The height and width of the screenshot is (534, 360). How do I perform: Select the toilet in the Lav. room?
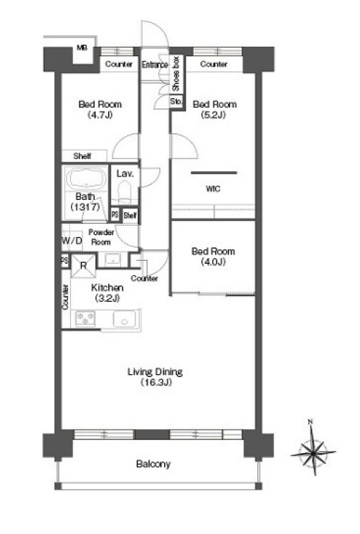point(124,191)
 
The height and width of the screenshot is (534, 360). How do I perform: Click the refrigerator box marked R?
point(84,265)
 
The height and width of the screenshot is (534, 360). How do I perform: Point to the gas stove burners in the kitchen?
point(85,318)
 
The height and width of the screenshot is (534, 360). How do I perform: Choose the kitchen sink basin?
point(124,320)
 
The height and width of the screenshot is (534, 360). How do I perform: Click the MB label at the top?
point(82,48)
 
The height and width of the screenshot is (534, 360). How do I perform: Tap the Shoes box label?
point(176,74)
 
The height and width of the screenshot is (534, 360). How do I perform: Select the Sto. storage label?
point(176,101)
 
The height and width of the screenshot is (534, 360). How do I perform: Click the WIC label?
point(213,189)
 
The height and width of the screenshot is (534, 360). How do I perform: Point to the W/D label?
point(72,240)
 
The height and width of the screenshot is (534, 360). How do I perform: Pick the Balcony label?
point(153,464)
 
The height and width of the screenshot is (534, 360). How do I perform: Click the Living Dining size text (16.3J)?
point(156,383)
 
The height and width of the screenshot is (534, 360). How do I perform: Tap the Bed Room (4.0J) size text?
point(214,262)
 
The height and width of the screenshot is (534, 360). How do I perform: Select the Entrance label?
point(155,65)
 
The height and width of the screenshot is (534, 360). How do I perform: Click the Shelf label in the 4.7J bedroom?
point(82,156)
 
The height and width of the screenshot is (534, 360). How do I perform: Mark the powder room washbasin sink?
point(112,260)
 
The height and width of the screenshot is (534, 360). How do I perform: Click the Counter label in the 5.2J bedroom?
point(214,64)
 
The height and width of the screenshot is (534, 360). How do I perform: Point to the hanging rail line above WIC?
point(214,173)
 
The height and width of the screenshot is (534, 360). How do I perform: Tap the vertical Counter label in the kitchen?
point(65,297)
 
